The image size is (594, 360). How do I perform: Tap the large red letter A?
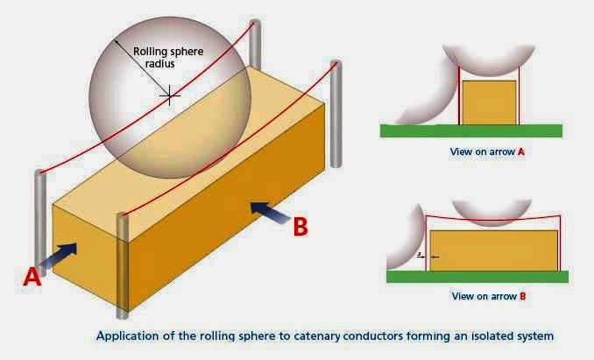[32, 277]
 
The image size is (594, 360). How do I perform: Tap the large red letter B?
[300, 226]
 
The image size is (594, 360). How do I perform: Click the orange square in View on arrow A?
[487, 103]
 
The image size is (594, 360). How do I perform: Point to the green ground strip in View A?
[471, 131]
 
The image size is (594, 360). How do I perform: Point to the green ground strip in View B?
[477, 277]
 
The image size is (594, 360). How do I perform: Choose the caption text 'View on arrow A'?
[487, 152]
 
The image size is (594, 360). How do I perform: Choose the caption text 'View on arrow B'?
[488, 296]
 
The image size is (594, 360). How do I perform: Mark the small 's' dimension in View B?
[421, 254]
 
